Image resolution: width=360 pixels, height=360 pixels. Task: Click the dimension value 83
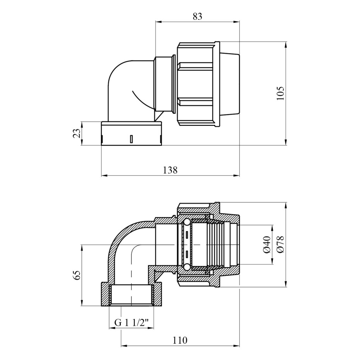(197, 17)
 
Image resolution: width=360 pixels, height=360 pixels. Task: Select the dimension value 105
(280, 93)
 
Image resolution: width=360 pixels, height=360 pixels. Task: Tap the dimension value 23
(77, 133)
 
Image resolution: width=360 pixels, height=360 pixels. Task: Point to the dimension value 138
(170, 170)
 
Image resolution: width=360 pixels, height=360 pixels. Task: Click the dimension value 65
(77, 275)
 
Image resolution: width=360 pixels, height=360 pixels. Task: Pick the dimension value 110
(180, 340)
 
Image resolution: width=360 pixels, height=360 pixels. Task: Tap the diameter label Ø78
(280, 245)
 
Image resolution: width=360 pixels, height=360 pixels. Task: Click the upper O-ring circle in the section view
(187, 222)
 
